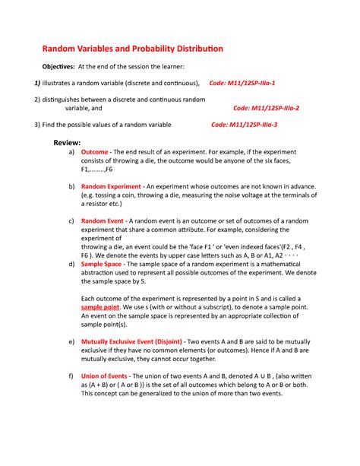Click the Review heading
point(67,142)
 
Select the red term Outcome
point(95,152)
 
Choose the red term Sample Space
point(104,263)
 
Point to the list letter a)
point(71,152)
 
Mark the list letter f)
point(71,376)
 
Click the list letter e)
point(71,342)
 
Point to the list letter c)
point(71,220)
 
